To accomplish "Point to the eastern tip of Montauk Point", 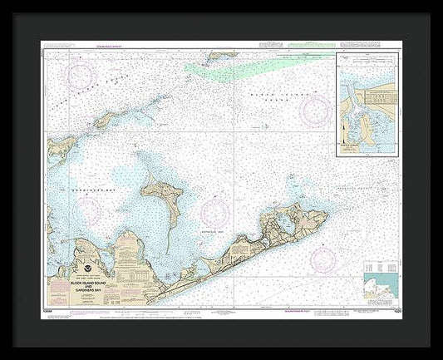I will point(327,218).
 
